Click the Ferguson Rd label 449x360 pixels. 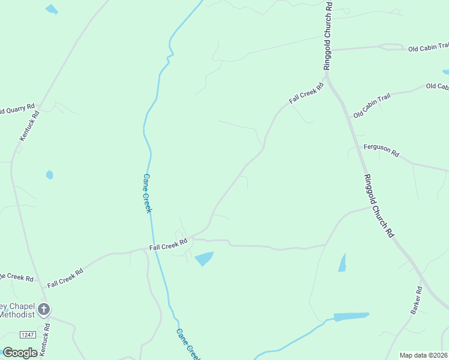pyautogui.click(x=381, y=150)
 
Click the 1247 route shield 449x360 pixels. pyautogui.click(x=27, y=334)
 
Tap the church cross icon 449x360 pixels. pyautogui.click(x=44, y=310)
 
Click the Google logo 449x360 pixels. pyautogui.click(x=20, y=353)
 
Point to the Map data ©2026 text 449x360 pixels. pyautogui.click(x=424, y=355)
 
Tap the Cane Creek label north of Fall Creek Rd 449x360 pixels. pyautogui.click(x=147, y=193)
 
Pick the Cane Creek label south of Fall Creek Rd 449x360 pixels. pyautogui.click(x=187, y=344)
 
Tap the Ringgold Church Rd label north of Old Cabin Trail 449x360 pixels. pyautogui.click(x=328, y=36)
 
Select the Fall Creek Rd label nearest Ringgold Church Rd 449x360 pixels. pyautogui.click(x=306, y=93)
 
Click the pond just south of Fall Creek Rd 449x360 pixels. pyautogui.click(x=204, y=259)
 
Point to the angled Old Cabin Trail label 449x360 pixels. pyautogui.click(x=372, y=107)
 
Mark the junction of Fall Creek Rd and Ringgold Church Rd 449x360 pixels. pyautogui.click(x=327, y=77)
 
